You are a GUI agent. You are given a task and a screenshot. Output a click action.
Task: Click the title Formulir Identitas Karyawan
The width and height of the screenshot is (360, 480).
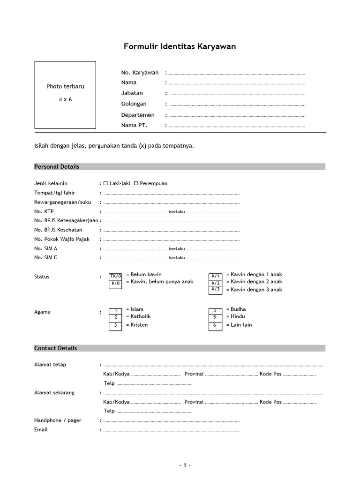click(180, 46)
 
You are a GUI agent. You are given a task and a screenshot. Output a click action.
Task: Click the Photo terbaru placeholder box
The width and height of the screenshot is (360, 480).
click(65, 95)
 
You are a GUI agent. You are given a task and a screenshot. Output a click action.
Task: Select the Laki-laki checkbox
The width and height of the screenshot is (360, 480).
click(105, 183)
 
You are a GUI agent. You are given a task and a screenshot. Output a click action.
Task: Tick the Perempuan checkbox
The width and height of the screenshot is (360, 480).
click(136, 183)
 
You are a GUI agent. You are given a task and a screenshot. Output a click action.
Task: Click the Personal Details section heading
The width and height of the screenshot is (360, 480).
click(57, 167)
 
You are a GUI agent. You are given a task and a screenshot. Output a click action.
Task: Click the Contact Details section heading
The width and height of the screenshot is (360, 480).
click(56, 348)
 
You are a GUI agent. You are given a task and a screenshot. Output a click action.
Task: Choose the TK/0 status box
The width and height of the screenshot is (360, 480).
click(115, 276)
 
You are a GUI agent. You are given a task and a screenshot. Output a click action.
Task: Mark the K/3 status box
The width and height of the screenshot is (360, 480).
click(215, 289)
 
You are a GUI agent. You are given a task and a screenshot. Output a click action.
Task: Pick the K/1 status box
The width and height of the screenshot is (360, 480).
click(215, 276)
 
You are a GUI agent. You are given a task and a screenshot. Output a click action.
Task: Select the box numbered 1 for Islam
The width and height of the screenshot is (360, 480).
click(115, 311)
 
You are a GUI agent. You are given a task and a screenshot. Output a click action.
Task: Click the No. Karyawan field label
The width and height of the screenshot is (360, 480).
click(140, 73)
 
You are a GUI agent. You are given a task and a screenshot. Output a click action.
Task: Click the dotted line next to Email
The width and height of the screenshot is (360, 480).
click(171, 430)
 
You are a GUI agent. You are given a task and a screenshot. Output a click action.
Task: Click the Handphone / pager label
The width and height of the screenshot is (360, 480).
click(58, 420)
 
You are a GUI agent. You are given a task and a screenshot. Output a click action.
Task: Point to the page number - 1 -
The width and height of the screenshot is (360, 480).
click(185, 465)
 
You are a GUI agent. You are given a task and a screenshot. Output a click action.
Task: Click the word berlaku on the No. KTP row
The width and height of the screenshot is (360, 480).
click(177, 212)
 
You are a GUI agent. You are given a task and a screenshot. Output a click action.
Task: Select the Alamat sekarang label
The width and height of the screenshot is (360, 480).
click(54, 392)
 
